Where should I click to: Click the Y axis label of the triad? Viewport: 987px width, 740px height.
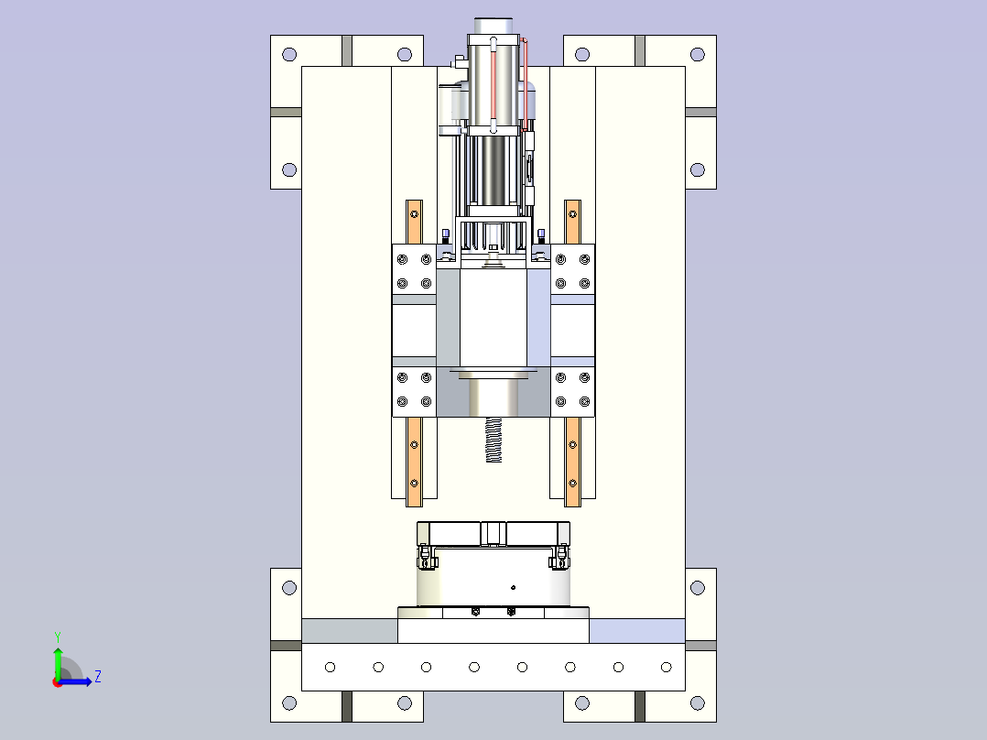coord(58,637)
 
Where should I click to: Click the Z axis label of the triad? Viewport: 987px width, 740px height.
coord(98,677)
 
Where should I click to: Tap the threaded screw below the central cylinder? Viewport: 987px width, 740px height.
coord(493,440)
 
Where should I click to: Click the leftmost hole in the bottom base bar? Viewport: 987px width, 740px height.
coord(330,667)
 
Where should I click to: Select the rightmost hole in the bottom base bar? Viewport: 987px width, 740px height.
coord(666,667)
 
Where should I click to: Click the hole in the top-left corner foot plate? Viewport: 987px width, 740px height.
coord(289,54)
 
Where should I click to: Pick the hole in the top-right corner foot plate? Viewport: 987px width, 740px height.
coord(698,54)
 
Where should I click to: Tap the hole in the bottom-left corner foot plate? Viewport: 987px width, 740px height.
coord(289,702)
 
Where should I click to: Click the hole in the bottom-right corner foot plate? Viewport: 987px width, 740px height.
coord(698,702)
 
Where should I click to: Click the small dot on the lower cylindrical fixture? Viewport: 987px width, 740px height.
coord(513,588)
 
